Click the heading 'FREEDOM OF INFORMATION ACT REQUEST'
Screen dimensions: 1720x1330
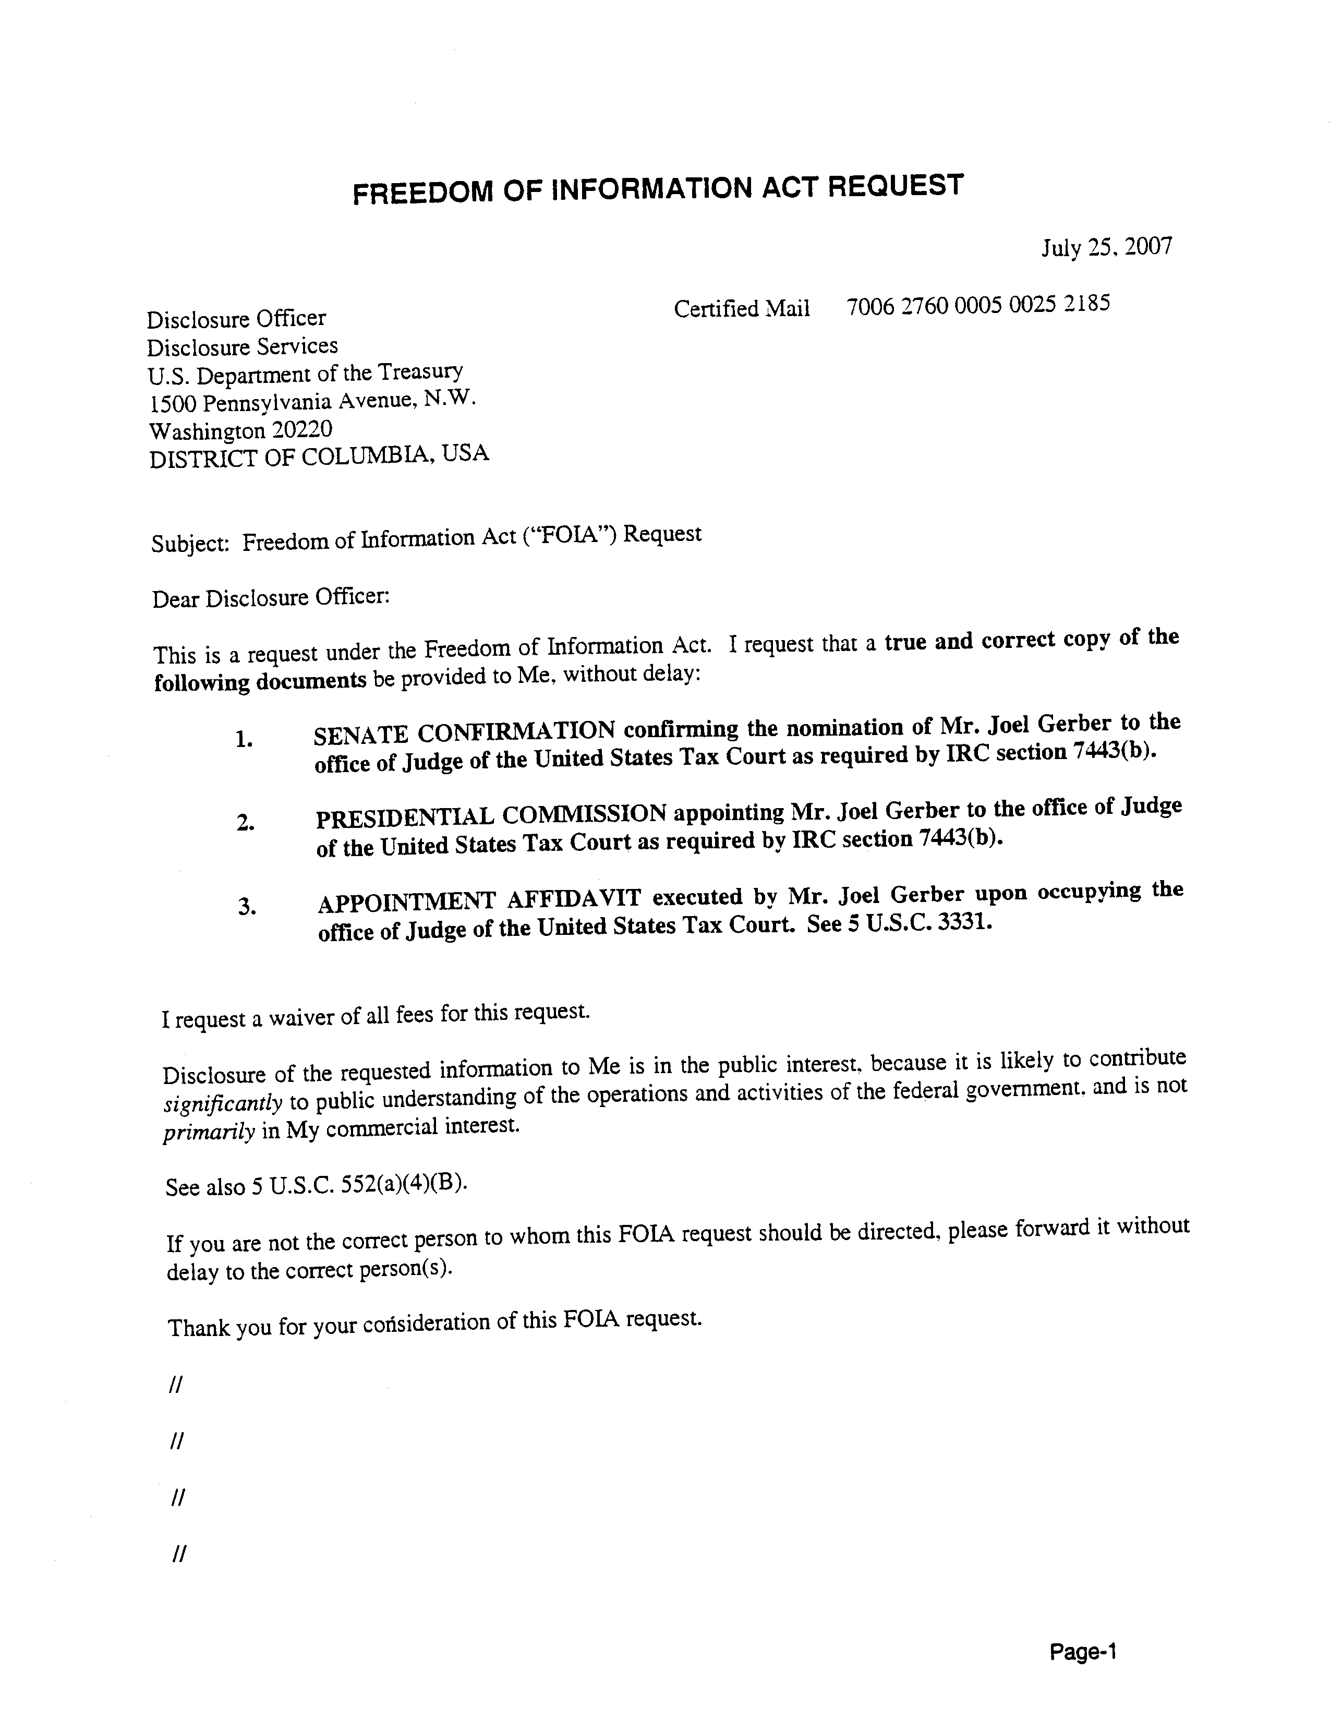pos(658,189)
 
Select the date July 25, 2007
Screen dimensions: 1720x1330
pos(1106,247)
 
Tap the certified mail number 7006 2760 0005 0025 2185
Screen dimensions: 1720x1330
pos(978,305)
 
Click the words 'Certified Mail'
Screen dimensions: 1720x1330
pos(741,309)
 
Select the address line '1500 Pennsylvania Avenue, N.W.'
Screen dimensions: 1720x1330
pos(312,402)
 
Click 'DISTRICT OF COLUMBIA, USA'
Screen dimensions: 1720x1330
pos(319,456)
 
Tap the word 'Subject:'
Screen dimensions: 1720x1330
pos(190,544)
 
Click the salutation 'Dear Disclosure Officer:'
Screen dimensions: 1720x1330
pos(271,598)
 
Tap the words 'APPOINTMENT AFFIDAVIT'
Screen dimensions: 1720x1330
pos(479,900)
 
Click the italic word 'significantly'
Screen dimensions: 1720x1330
pos(223,1103)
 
